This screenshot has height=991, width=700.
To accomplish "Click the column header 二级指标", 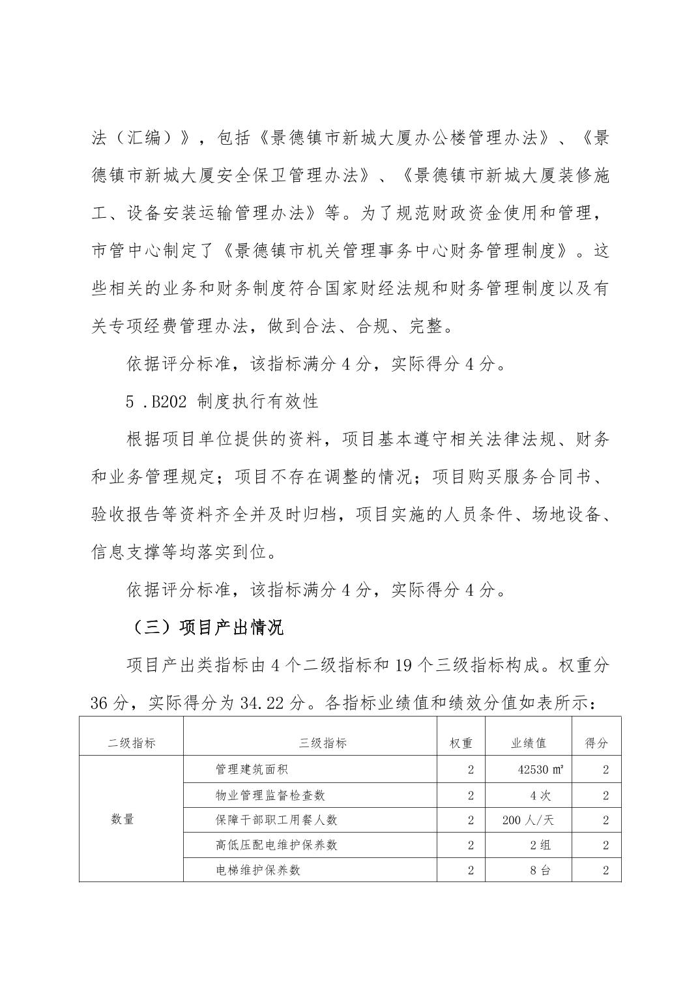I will coord(132,743).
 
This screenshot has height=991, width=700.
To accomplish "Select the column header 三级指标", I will coord(323,743).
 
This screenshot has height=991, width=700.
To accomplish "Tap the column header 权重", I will coord(461,743).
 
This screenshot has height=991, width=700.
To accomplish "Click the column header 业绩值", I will coord(528,743).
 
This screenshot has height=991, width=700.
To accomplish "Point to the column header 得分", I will coord(596,743).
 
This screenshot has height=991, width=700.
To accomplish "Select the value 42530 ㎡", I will coord(540,769).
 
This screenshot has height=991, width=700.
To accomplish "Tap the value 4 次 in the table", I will coord(540,795).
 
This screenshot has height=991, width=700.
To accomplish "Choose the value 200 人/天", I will coord(528,820).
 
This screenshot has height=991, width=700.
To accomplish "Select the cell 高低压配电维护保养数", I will coord(276,845).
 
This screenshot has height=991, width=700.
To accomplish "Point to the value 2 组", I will coord(540,845).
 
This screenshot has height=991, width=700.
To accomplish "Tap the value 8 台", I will coord(540,870).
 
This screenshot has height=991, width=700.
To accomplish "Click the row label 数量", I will coord(123,820).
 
